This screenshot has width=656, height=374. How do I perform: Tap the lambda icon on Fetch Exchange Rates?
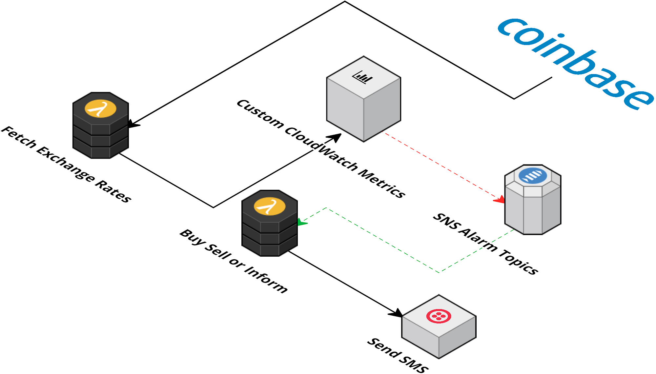click(100, 109)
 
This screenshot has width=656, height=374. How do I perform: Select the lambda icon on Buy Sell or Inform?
click(270, 207)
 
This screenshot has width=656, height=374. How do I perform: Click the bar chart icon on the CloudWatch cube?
click(362, 77)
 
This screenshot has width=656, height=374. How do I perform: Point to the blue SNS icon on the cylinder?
click(533, 176)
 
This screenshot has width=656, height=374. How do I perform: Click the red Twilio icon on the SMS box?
click(439, 316)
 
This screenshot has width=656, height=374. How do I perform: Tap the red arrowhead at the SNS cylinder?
click(500, 199)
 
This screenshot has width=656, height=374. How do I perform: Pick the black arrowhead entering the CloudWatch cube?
click(335, 137)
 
